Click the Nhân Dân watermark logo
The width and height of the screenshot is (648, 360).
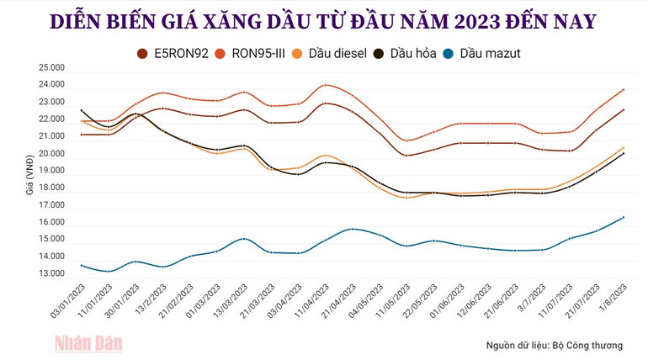(89, 342)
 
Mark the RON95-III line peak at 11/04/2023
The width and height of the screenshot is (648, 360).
(326, 85)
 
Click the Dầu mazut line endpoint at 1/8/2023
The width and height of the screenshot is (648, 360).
(624, 217)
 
